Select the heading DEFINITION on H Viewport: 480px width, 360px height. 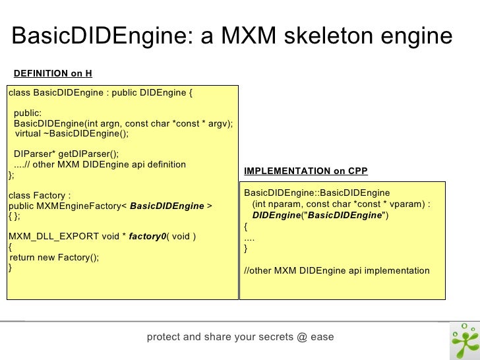point(53,73)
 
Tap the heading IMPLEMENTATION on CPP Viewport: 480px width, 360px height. point(306,171)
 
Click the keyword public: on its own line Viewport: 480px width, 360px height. point(28,113)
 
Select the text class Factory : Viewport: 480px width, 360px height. point(39,195)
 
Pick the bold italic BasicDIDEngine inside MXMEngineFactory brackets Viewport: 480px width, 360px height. point(167,206)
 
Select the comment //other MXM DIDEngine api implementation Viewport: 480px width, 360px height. point(336,270)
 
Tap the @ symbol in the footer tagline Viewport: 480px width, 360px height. point(302,338)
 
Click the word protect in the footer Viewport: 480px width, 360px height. point(164,338)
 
